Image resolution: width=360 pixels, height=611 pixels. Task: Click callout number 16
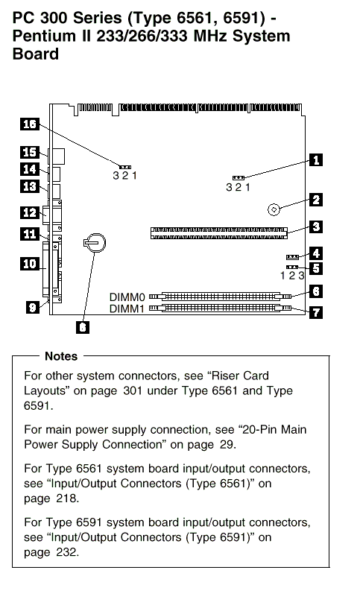[30, 124]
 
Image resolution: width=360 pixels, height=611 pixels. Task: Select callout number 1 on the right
[316, 159]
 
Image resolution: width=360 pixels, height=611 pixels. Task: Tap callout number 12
[30, 213]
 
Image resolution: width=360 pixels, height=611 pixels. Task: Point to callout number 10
[30, 264]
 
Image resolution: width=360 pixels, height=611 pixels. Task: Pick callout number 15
[30, 152]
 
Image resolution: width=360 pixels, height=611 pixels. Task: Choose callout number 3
[316, 227]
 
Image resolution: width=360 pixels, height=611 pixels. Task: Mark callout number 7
[316, 312]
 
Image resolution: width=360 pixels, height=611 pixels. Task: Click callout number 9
[32, 307]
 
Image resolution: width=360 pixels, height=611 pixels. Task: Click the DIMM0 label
[127, 297]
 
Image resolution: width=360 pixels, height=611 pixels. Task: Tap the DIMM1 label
[127, 309]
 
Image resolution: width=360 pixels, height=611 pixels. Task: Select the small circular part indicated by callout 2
[274, 209]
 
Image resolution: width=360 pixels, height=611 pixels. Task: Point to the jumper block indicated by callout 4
[292, 257]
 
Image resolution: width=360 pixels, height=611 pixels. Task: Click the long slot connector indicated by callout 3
[219, 233]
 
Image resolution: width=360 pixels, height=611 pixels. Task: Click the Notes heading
[61, 356]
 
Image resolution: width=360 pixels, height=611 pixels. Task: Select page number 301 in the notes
[132, 390]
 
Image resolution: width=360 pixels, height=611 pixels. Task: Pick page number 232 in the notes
[67, 552]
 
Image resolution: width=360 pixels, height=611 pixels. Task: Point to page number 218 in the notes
[67, 498]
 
